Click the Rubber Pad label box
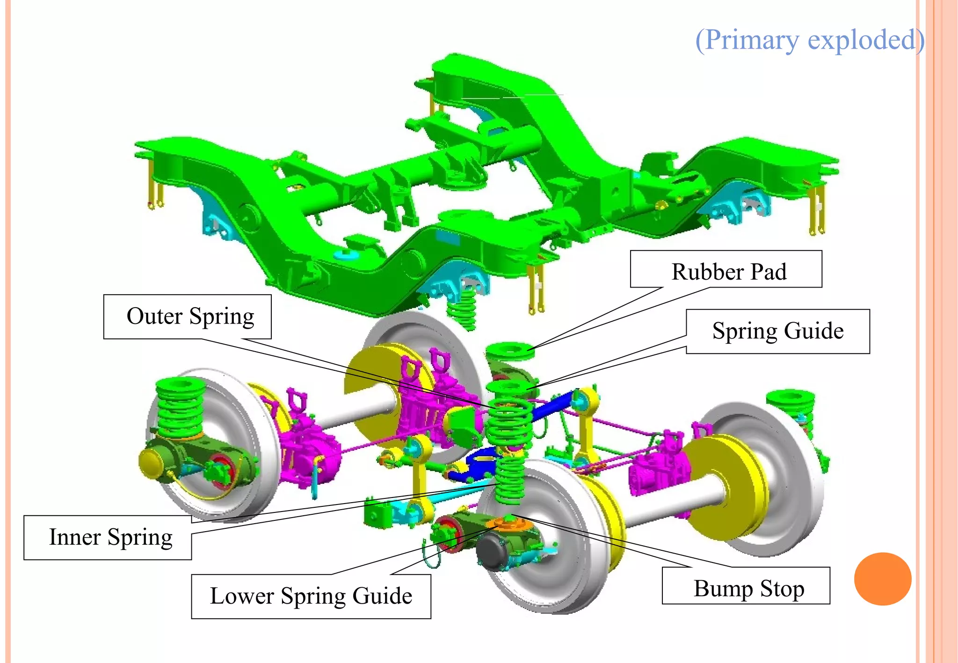pyautogui.click(x=726, y=269)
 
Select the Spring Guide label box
pyautogui.click(x=777, y=331)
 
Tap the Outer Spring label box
pyautogui.click(x=187, y=317)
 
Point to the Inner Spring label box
pyautogui.click(x=108, y=537)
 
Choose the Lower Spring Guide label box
pyautogui.click(x=311, y=596)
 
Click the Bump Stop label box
pyautogui.click(x=746, y=586)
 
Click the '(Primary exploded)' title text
pyautogui.click(x=809, y=40)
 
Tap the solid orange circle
pyautogui.click(x=882, y=579)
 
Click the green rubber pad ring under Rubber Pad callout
pyautogui.click(x=510, y=351)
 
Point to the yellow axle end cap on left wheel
pyautogui.click(x=151, y=461)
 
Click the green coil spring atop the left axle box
pyautogui.click(x=180, y=407)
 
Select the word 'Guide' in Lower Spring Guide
pyautogui.click(x=382, y=596)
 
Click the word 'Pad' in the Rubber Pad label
pyautogui.click(x=769, y=272)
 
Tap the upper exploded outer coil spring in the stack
pyautogui.click(x=509, y=421)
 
